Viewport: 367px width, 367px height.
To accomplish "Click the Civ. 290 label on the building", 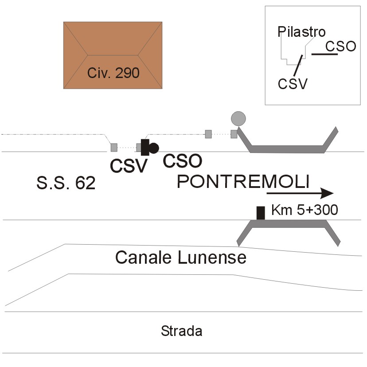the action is coord(113,73).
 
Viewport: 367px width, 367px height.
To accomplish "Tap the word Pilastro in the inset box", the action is coord(301,31).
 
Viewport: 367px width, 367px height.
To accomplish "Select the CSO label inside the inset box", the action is coord(341,47).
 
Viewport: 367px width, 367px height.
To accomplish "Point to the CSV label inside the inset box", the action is coord(293,84).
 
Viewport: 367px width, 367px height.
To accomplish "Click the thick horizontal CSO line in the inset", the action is coord(324,55).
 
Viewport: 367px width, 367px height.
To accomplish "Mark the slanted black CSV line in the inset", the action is coord(298,66).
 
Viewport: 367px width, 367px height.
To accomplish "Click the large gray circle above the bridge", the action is coord(238,119).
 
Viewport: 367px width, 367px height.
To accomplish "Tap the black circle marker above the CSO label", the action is coord(154,148).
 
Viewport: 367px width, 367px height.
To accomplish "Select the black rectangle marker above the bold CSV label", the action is coord(145,147).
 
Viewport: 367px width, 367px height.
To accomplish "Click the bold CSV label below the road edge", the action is coord(129,166).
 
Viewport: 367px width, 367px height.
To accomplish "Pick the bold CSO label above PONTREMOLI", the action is coord(182,161).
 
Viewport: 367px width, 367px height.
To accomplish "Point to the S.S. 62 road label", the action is coord(66,183).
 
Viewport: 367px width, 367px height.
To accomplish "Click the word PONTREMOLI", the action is coord(243,181).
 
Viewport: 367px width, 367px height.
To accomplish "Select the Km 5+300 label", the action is coord(305,210).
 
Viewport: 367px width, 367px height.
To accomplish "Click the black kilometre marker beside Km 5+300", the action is coord(261,213).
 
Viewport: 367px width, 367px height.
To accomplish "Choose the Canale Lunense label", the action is coord(181,258).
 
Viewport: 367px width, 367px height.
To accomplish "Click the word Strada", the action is coord(182,331).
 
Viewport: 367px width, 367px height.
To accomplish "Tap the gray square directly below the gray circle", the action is coord(234,134).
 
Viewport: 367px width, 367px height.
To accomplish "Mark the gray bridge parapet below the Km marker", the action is coord(289,224).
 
